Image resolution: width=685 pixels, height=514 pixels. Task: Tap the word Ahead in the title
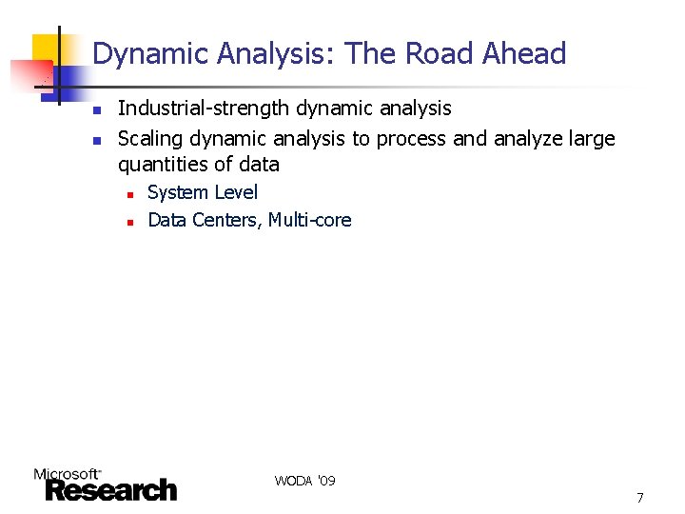[524, 54]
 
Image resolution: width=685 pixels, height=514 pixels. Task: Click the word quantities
[165, 165]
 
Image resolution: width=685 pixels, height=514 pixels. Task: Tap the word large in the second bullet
[591, 139]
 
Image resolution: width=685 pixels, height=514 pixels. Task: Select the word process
[412, 140]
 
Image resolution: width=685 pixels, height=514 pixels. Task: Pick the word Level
[235, 192]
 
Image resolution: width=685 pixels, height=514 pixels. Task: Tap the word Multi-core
[310, 221]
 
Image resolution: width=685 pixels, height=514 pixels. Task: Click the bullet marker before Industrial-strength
[95, 111]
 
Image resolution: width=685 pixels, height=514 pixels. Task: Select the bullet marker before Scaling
[95, 141]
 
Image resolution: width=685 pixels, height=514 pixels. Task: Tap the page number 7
[640, 498]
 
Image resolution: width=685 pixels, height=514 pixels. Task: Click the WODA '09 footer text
[304, 481]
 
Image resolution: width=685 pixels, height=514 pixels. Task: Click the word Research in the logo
[111, 490]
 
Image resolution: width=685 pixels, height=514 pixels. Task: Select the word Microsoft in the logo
[67, 473]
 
